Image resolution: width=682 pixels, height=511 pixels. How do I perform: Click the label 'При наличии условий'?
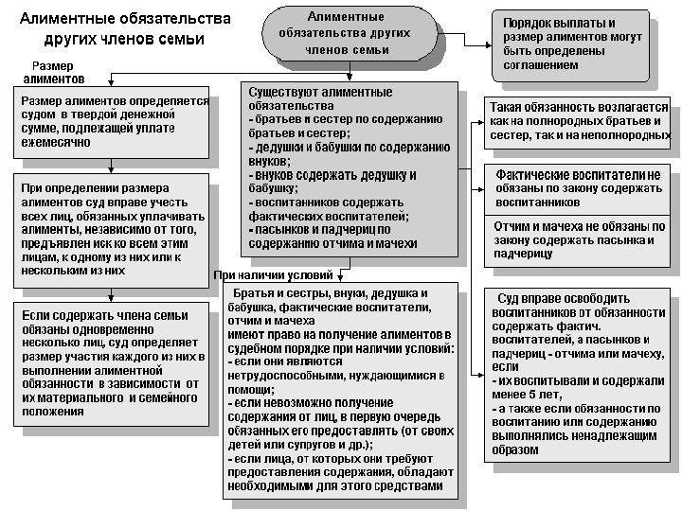[x=274, y=275]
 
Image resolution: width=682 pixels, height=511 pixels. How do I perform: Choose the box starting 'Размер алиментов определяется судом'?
[x=112, y=123]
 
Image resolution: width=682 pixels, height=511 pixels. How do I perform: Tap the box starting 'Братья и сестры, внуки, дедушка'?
[x=340, y=388]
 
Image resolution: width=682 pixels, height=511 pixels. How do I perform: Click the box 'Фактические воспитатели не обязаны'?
[x=577, y=188]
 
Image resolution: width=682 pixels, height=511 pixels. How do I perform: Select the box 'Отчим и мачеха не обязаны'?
[x=577, y=240]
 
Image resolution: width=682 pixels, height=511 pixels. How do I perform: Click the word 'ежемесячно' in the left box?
[x=55, y=142]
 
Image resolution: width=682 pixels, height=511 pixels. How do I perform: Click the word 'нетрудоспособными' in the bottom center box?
[x=290, y=376]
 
